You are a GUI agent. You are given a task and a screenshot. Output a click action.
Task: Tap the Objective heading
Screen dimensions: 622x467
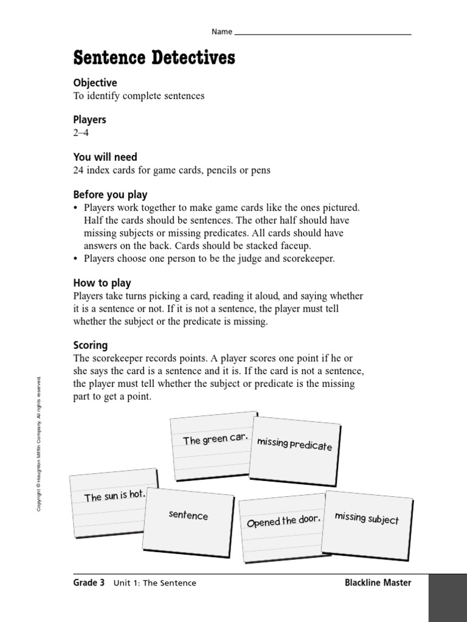click(x=95, y=83)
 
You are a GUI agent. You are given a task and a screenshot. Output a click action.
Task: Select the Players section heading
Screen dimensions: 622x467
click(x=89, y=120)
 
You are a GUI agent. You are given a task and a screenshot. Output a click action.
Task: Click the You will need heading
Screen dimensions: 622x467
click(x=105, y=157)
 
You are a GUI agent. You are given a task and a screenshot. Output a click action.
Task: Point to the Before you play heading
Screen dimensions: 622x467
click(x=110, y=194)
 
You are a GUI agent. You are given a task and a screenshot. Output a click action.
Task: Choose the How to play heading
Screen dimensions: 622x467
click(x=102, y=283)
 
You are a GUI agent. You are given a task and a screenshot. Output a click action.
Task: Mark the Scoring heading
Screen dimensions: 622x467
click(x=90, y=345)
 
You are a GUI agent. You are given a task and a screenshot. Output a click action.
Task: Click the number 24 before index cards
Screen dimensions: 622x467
click(x=78, y=171)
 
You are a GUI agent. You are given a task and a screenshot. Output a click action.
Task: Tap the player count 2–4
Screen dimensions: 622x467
click(x=81, y=133)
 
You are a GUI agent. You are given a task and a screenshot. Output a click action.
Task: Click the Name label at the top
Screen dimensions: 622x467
click(x=222, y=32)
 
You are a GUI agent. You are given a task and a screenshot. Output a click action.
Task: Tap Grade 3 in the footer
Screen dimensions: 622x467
click(x=89, y=583)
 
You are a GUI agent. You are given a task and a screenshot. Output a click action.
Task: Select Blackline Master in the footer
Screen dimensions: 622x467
click(x=378, y=583)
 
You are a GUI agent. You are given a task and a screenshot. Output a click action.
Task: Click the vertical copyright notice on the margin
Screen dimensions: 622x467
click(x=39, y=443)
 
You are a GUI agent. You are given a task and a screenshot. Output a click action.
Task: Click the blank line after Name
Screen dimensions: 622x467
click(x=322, y=33)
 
